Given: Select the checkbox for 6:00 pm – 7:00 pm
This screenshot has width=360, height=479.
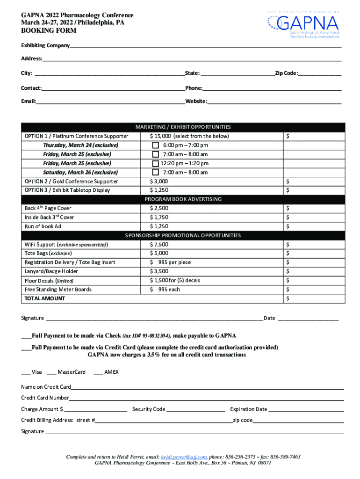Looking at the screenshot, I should (156, 145).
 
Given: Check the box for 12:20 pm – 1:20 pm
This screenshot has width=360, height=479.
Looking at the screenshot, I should (156, 163).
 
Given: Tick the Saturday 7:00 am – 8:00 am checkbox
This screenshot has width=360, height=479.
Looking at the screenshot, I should (156, 172).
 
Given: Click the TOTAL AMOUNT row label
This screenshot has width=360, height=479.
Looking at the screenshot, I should (45, 298).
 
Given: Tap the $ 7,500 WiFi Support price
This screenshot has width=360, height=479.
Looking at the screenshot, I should (159, 244).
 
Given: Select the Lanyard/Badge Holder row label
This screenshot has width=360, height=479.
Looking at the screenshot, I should (51, 271).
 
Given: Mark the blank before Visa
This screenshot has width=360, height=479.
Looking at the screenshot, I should (26, 372).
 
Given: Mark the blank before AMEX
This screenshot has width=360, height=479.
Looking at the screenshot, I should (98, 372).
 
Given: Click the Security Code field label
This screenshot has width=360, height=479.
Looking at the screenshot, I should (149, 409).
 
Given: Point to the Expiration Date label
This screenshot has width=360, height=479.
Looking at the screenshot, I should (249, 409).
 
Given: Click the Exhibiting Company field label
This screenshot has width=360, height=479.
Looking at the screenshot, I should (45, 45).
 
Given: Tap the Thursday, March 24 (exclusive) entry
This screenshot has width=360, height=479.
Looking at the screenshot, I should (80, 145).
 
